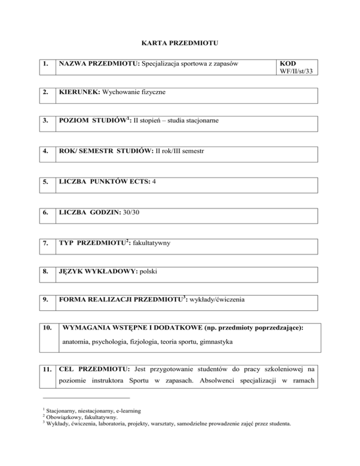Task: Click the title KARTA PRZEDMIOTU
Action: click(x=179, y=44)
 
